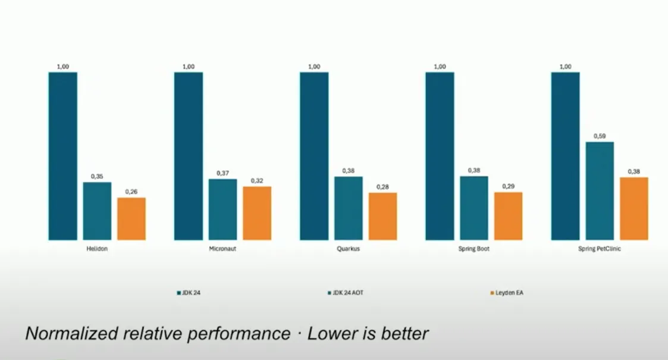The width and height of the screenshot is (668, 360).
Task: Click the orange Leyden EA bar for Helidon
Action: click(131, 218)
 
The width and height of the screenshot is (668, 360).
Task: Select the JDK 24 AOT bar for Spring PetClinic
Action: click(600, 190)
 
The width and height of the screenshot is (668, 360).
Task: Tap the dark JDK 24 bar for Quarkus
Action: click(314, 156)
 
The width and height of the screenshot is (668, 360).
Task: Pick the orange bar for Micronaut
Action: click(257, 213)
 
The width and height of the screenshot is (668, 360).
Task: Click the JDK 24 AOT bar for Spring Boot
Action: click(474, 208)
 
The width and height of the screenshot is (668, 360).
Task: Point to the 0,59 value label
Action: click(600, 136)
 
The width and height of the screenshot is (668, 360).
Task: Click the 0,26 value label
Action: click(131, 192)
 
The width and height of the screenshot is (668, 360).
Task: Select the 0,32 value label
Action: click(257, 181)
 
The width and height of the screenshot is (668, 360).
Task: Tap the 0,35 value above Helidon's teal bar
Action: click(97, 177)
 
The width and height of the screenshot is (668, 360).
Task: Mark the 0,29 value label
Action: click(509, 186)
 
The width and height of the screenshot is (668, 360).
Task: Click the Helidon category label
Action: click(97, 249)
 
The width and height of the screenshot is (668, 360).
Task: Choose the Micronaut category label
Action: click(223, 249)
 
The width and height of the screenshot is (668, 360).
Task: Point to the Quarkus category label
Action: click(349, 249)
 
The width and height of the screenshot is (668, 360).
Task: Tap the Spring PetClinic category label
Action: click(600, 249)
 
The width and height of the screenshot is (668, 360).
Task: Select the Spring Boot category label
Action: click(474, 249)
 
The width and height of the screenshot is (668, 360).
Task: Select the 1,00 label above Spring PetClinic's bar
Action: click(565, 67)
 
